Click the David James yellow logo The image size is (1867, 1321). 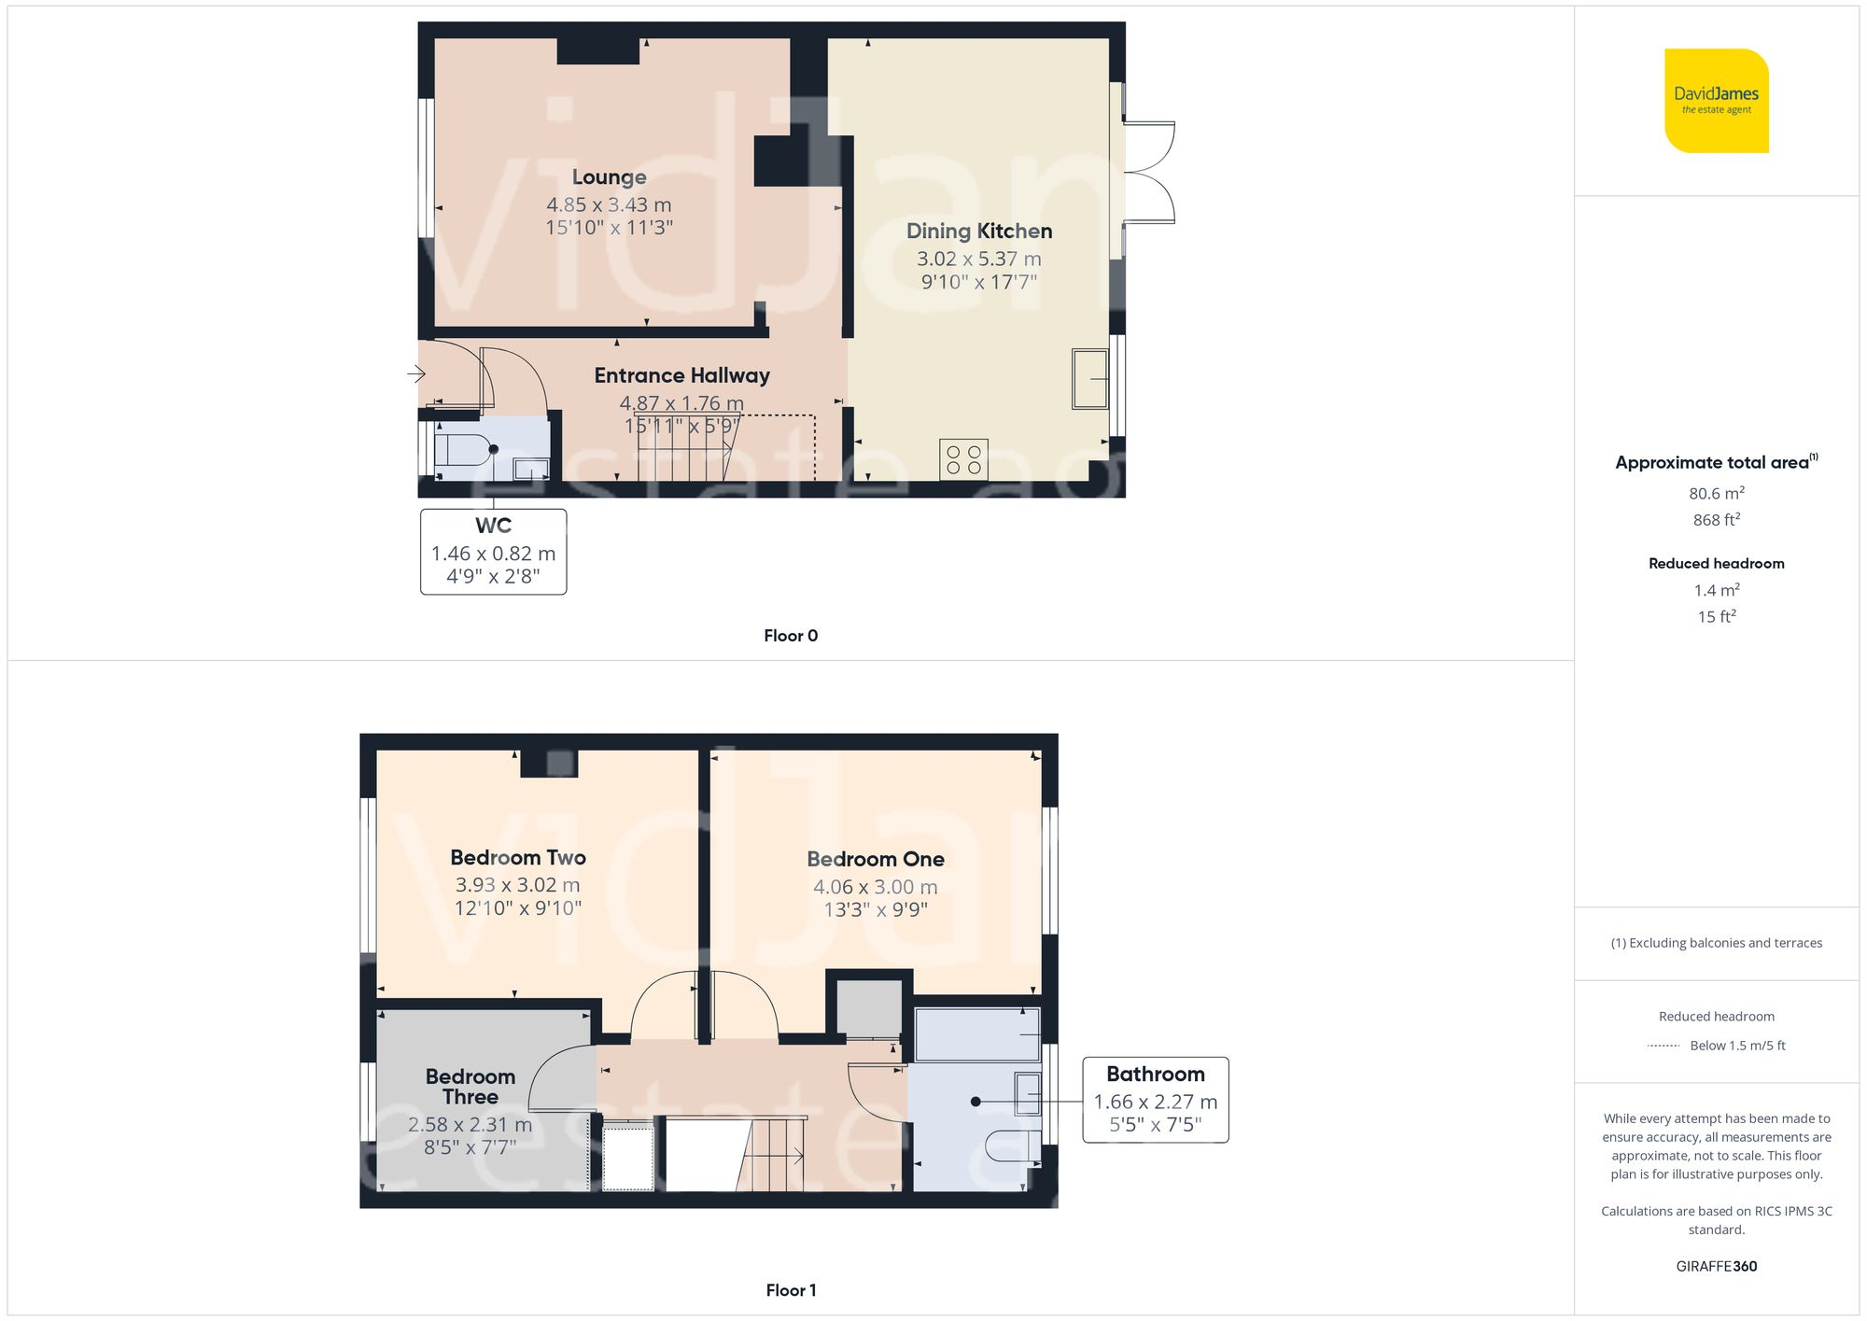[x=1716, y=101]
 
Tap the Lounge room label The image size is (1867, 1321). [x=609, y=177]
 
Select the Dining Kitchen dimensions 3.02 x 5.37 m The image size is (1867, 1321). [x=978, y=259]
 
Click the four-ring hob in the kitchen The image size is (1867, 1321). [x=963, y=459]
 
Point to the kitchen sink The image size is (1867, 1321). [x=1089, y=379]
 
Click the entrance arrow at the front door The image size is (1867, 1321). [x=416, y=374]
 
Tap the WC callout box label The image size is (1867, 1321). [x=493, y=526]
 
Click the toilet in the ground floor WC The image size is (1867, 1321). [x=462, y=449]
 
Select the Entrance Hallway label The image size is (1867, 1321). [x=681, y=375]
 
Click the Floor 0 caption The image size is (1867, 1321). [x=790, y=636]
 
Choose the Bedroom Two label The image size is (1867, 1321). [x=518, y=857]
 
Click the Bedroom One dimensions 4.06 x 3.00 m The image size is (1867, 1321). [x=875, y=887]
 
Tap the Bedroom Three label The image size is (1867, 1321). [x=470, y=1087]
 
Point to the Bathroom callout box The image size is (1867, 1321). [x=1155, y=1100]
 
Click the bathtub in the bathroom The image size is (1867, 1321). [x=976, y=1034]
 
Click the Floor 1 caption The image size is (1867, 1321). [x=790, y=1290]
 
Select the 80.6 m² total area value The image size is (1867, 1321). [x=1716, y=493]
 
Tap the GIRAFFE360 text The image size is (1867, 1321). [x=1716, y=1267]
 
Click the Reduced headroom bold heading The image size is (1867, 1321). [x=1716, y=563]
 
